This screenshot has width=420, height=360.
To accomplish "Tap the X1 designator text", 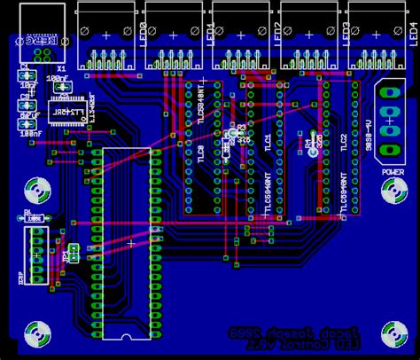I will tap(61, 67).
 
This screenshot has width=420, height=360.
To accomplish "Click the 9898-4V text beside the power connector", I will tap(369, 118).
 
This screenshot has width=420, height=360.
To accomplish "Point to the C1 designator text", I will tap(24, 67).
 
